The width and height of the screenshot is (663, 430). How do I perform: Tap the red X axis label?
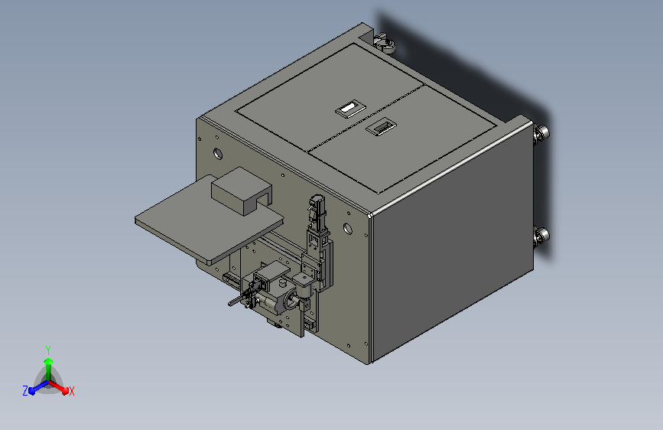pos(71,391)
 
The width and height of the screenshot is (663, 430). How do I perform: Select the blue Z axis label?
pos(25,391)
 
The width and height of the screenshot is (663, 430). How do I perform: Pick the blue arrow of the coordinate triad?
pos(35,388)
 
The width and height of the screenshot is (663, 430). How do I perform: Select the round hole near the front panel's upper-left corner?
pos(219,151)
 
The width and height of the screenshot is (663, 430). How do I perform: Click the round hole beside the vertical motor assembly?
pos(349,228)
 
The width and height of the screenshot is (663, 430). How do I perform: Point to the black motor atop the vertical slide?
pos(316,207)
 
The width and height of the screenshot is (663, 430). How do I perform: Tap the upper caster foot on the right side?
pos(541,135)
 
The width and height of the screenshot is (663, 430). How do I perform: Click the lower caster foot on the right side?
pos(541,237)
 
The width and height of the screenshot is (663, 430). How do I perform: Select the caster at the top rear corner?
pos(385,43)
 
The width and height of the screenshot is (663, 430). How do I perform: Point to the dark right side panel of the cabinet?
pos(451,252)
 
